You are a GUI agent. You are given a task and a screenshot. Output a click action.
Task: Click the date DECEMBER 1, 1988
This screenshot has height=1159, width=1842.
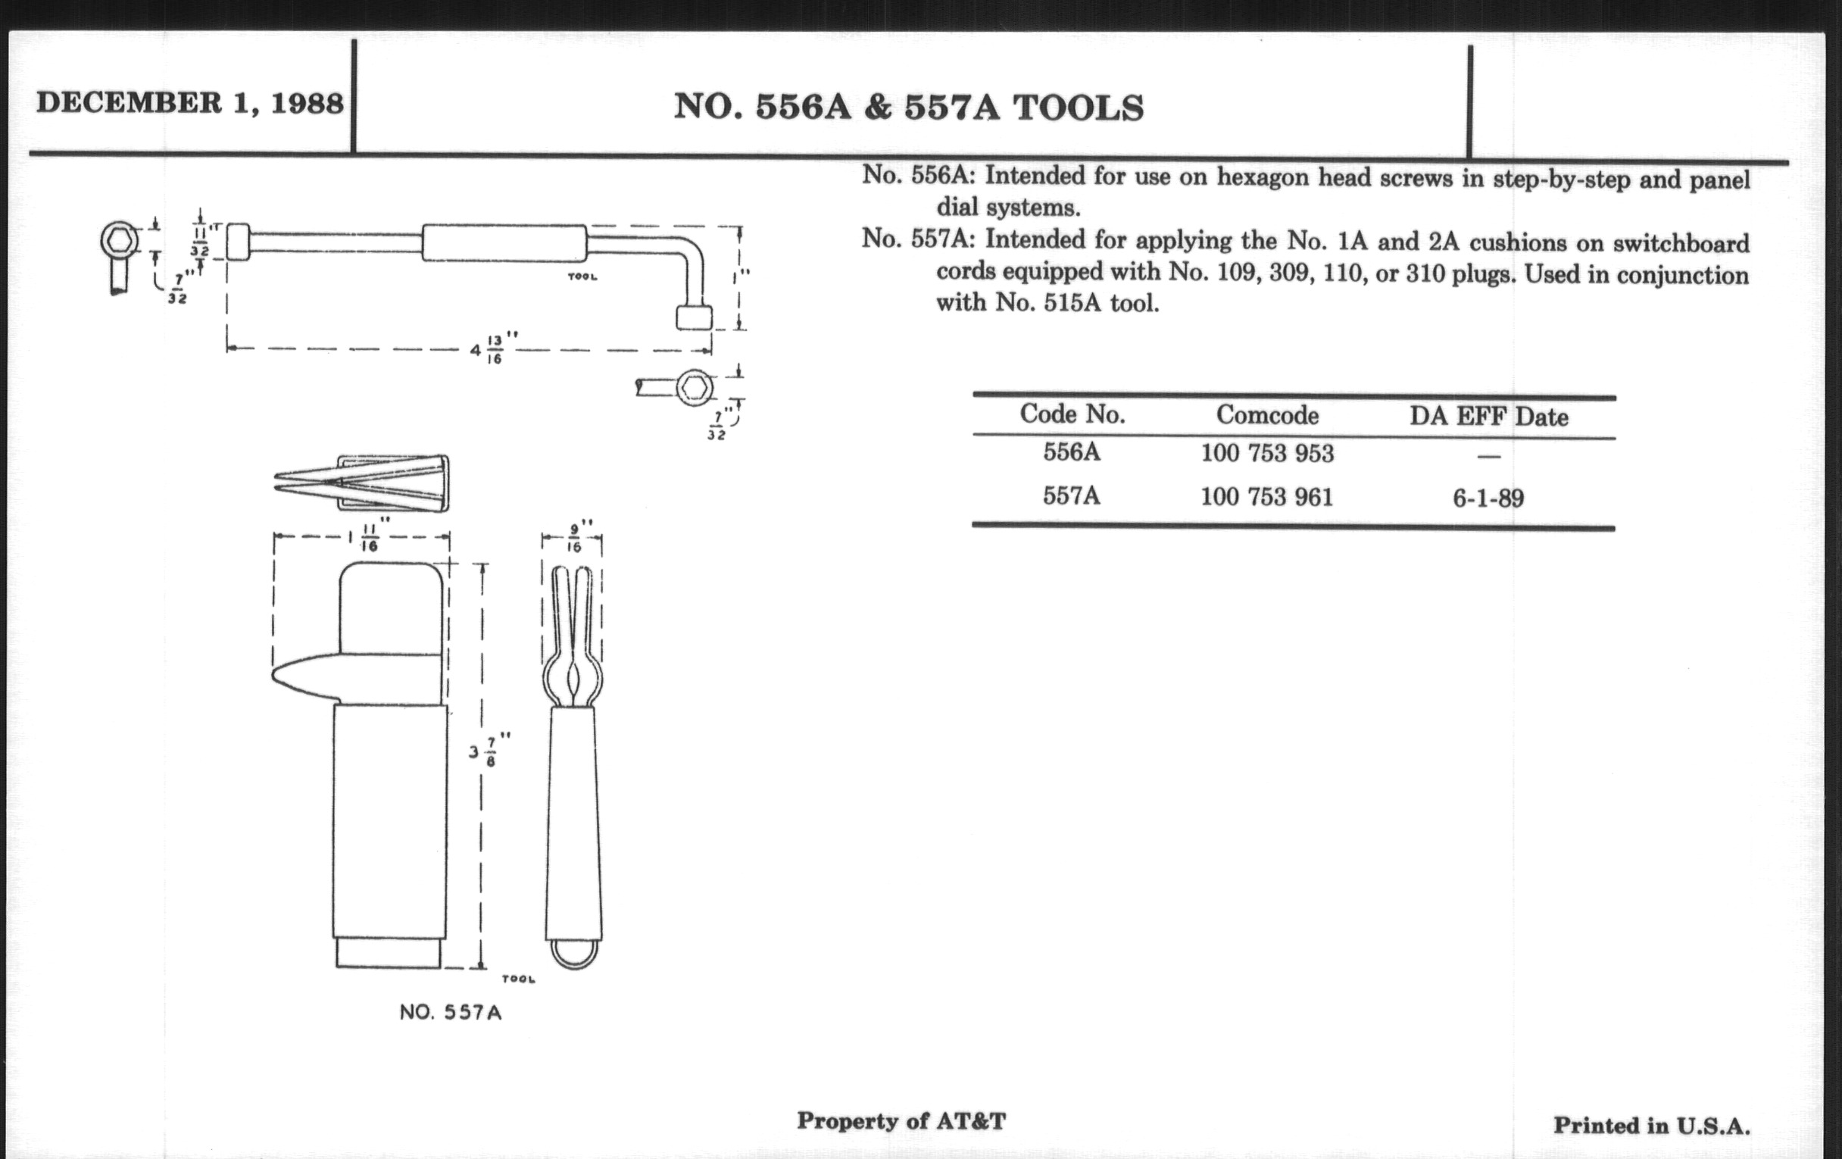189,103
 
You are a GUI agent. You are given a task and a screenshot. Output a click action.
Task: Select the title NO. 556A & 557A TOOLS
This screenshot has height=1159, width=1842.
909,108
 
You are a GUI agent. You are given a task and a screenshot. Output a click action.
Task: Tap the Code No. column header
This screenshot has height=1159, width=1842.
1072,414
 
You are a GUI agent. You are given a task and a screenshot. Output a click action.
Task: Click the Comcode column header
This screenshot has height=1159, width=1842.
1268,415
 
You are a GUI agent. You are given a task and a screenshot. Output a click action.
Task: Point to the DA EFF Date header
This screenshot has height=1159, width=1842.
1488,417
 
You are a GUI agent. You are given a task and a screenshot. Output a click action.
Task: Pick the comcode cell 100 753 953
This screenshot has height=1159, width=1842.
1267,454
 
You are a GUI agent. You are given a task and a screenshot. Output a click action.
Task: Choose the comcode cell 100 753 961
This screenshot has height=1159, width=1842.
1267,497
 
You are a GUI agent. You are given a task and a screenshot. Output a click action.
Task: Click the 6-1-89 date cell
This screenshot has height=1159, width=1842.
1488,498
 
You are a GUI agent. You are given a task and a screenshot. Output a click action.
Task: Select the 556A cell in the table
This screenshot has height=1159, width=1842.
1072,452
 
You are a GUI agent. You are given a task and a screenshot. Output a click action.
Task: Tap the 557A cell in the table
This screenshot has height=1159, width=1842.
1072,495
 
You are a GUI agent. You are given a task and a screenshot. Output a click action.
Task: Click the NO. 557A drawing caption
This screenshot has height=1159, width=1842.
451,1012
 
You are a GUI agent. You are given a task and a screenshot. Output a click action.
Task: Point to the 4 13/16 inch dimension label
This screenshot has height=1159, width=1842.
494,348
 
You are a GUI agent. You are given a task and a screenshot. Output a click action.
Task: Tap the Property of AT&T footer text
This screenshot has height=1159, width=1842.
901,1122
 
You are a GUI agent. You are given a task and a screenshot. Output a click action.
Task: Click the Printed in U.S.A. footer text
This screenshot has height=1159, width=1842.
1652,1126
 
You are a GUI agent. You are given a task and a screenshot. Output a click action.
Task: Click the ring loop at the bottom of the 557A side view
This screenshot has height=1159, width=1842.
573,954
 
